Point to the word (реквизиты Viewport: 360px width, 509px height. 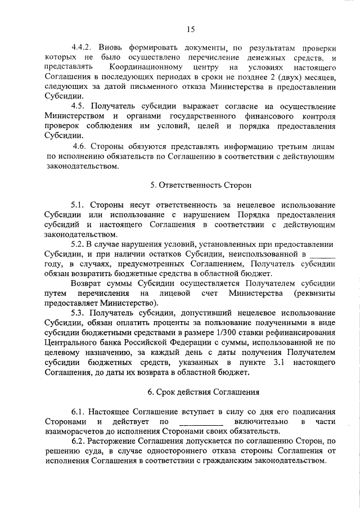[x=314, y=293]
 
